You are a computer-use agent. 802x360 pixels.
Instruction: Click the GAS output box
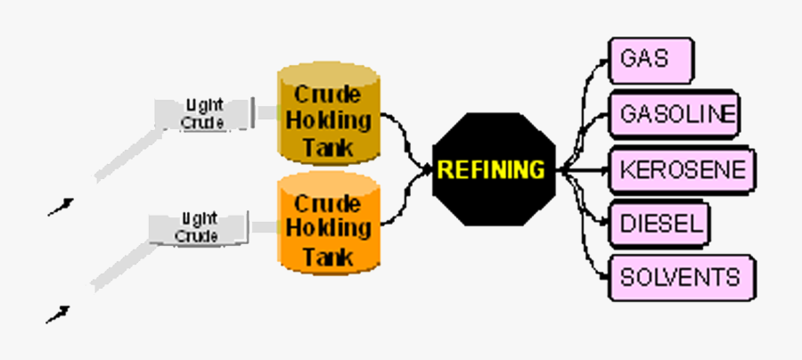pos(651,60)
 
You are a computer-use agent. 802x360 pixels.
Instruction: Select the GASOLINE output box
pos(674,113)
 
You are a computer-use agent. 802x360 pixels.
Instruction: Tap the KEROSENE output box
pos(682,168)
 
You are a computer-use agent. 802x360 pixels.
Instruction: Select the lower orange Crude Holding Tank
pos(329,227)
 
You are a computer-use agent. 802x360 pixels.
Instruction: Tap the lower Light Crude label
pos(196,228)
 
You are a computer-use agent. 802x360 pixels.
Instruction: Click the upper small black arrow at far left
pos(60,207)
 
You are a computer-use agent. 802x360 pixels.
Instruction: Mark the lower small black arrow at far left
pos(58,314)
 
